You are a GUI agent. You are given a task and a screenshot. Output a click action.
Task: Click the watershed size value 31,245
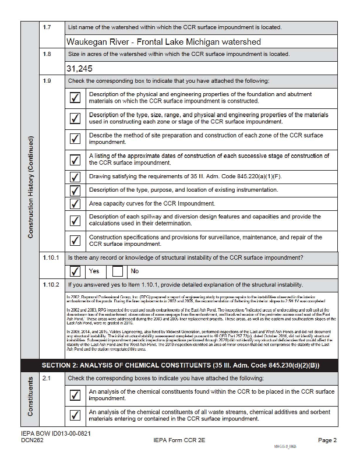[80, 68]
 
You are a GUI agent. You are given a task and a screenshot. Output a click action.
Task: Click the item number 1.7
[47, 27]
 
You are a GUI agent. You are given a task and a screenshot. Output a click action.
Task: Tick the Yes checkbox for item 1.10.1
[75, 271]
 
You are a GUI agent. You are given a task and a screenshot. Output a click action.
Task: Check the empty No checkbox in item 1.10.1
[118, 271]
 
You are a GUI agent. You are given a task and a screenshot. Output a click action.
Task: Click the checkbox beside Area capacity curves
[75, 204]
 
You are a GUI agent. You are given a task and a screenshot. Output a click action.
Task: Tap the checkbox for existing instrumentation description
[75, 190]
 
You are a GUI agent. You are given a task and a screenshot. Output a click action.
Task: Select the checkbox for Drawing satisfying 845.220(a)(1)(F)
[75, 176]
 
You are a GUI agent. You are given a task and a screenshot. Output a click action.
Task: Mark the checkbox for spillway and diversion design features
[75, 221]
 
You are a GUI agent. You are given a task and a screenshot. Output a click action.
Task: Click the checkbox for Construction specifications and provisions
[75, 240]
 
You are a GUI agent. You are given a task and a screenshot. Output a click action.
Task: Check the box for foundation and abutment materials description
[75, 98]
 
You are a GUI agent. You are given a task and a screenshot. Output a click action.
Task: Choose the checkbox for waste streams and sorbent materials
[75, 415]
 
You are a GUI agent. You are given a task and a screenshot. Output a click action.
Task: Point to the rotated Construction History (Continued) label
[30, 186]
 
